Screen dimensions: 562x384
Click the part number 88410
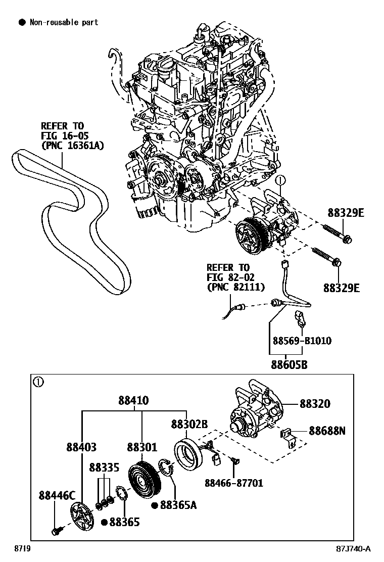(x=133, y=400)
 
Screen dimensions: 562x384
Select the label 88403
(x=81, y=447)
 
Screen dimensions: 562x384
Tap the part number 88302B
(x=189, y=425)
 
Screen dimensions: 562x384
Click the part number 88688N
(x=327, y=431)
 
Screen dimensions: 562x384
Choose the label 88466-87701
(x=233, y=483)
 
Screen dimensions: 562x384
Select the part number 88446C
(x=57, y=495)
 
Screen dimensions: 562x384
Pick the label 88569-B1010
(x=302, y=340)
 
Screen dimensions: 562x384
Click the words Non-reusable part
(x=64, y=22)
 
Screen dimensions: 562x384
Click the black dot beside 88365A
(x=155, y=504)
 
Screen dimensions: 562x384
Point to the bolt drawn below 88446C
(x=55, y=531)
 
